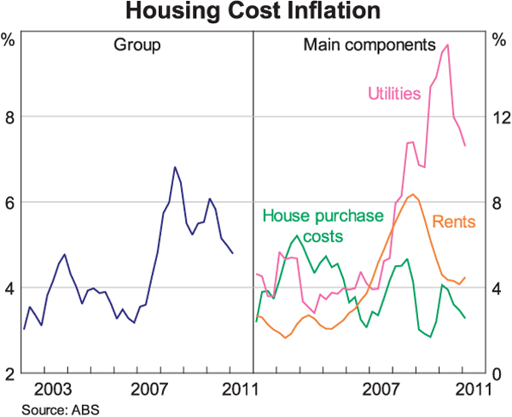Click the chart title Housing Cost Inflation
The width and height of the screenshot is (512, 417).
255,12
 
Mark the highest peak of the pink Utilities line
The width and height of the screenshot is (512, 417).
448,45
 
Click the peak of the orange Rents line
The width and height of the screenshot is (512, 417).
413,194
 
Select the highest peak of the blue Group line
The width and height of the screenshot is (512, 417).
175,167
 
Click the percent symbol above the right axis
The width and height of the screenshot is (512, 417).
500,38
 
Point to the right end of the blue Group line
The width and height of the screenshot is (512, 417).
233,253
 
